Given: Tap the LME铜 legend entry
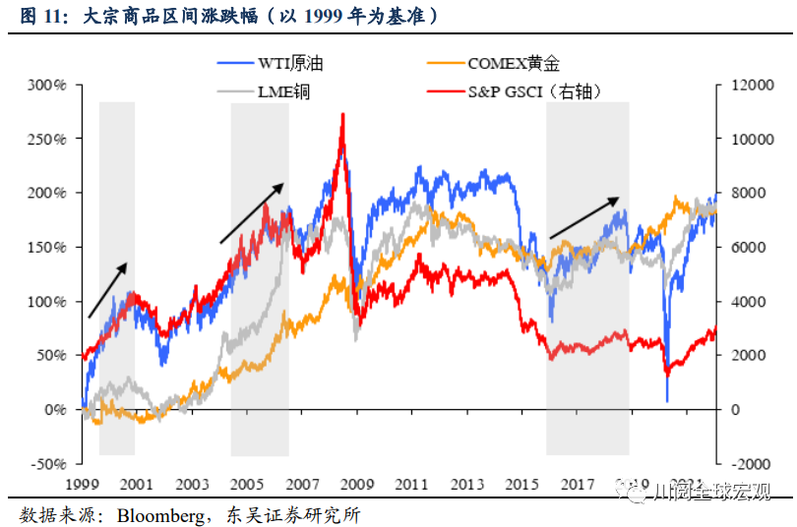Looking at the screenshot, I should pos(285,91).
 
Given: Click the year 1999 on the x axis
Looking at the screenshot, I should pos(82,485).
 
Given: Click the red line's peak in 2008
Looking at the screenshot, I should pos(342,115).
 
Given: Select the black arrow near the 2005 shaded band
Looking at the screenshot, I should pos(251,212).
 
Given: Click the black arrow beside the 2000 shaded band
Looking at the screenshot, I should pos(108,290).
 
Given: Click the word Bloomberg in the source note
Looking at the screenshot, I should pos(158,514).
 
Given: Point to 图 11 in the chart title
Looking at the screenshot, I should pos(40,18).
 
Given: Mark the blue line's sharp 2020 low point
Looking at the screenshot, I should pos(667,400).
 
